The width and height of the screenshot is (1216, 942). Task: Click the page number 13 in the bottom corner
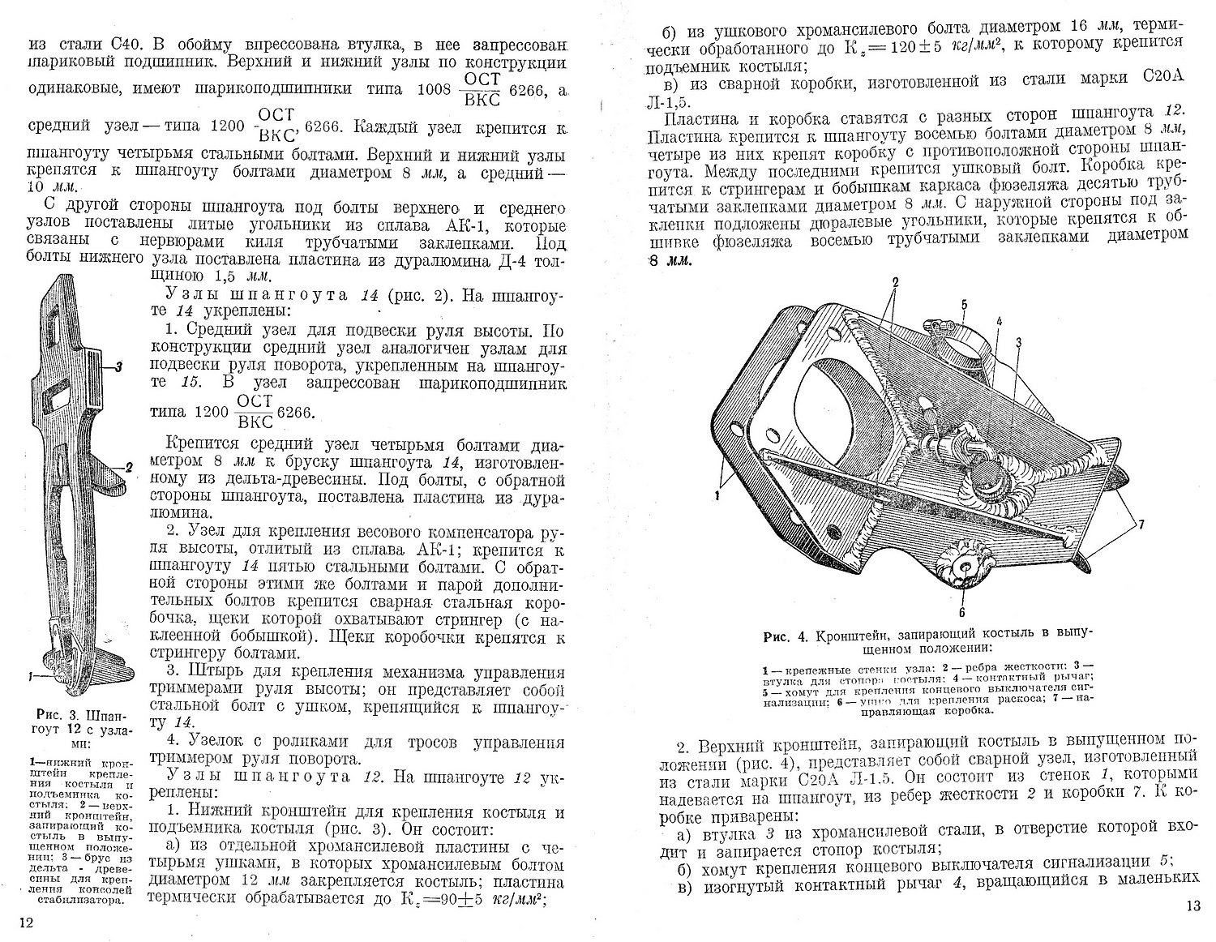pos(1191,906)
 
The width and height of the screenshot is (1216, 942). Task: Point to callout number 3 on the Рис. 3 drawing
pos(118,367)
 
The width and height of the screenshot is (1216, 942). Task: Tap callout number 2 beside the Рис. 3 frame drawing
pos(129,467)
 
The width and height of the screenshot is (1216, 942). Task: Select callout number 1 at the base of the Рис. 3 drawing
pos(29,674)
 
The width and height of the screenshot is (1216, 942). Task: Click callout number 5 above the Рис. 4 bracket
pos(964,306)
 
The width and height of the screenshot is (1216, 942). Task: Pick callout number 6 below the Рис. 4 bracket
pos(962,613)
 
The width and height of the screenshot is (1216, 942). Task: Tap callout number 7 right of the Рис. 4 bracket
pos(1141,525)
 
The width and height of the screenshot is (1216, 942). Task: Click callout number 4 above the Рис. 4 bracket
pos(1000,321)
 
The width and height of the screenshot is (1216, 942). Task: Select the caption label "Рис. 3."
pos(57,716)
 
